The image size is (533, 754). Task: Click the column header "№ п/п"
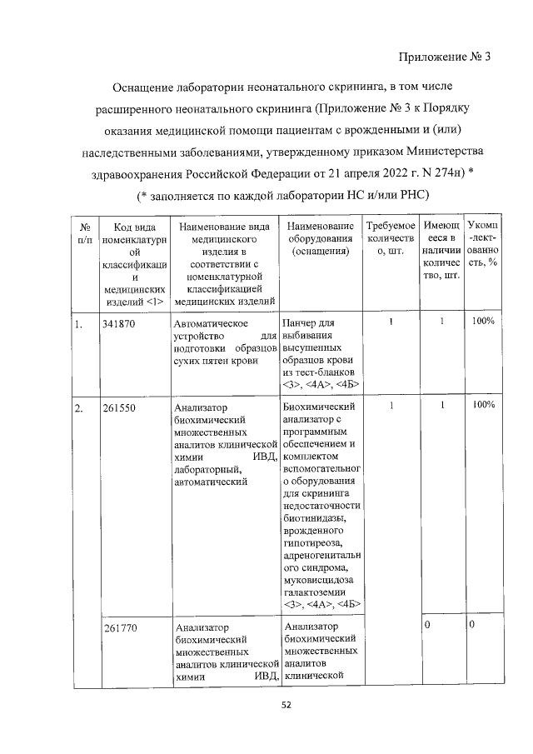pyautogui.click(x=84, y=233)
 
